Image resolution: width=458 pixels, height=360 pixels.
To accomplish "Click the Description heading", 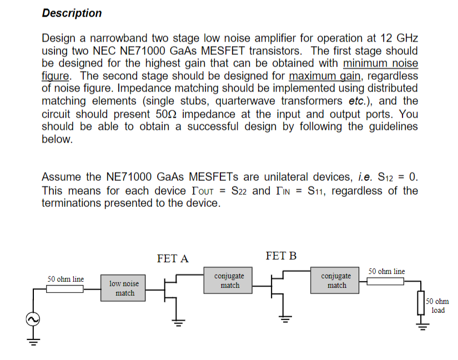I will click(72, 13).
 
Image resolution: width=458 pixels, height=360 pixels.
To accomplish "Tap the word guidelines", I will click(386, 126).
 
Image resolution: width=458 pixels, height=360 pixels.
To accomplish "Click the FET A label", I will click(173, 258).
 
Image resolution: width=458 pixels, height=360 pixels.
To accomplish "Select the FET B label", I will click(281, 256).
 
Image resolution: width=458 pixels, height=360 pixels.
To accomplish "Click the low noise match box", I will click(124, 288).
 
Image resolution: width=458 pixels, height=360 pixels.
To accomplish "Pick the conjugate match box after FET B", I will click(336, 281).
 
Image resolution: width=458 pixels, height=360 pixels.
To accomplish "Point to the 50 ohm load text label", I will click(438, 306).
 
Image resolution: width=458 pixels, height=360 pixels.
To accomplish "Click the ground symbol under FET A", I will click(177, 321).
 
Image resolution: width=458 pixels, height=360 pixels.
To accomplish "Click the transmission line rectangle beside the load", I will click(385, 281).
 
